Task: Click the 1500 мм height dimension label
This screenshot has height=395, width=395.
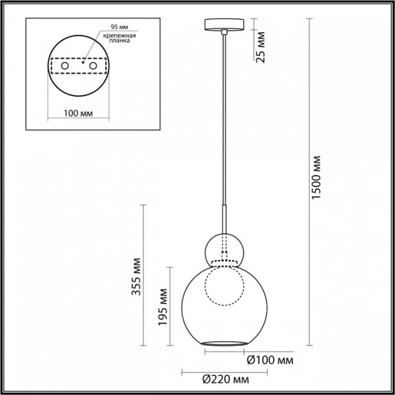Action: [316, 177]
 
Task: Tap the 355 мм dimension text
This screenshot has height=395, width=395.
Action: [137, 276]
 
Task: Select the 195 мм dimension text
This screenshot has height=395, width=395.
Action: [163, 307]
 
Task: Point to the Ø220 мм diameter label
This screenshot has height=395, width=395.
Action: [226, 379]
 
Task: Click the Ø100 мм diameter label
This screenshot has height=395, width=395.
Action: [270, 360]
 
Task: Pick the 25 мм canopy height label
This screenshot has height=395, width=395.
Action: [261, 47]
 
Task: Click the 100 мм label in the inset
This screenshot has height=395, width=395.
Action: [78, 113]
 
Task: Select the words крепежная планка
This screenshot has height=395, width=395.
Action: [119, 38]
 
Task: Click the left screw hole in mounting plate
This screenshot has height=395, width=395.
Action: [65, 66]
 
